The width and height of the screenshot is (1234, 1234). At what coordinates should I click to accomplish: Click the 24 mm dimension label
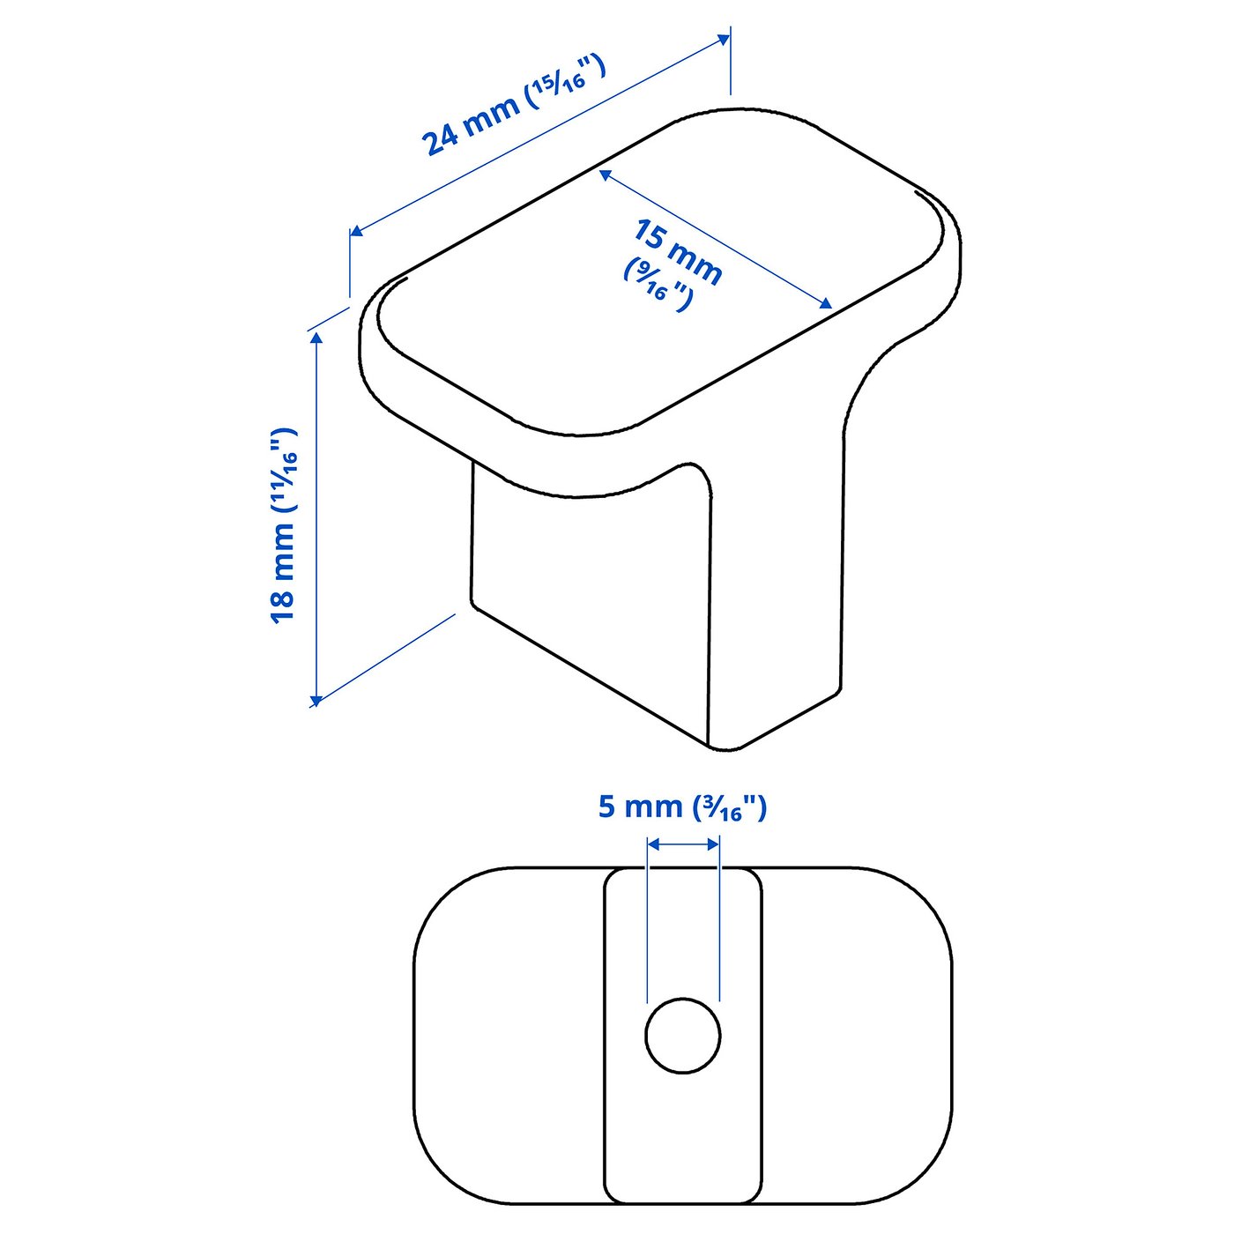[472, 125]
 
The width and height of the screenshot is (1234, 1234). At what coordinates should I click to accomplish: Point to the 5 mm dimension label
[641, 807]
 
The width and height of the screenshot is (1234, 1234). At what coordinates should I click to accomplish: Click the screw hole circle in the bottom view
[682, 1036]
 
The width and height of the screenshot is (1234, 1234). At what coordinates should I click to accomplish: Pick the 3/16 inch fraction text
[731, 808]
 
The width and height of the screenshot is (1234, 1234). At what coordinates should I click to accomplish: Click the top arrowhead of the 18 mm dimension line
[316, 338]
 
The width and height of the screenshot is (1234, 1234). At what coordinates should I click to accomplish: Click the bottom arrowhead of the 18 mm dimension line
[316, 700]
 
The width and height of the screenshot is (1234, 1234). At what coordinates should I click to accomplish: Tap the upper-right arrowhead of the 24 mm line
[725, 39]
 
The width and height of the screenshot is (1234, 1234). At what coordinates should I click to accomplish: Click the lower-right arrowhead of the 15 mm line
[826, 304]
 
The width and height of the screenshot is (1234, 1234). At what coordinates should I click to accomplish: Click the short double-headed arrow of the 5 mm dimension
[683, 844]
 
